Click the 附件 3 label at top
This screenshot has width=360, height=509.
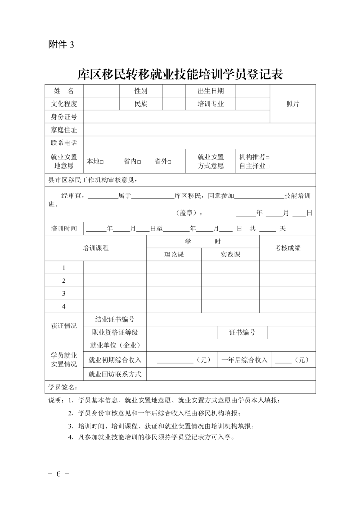(x=61, y=45)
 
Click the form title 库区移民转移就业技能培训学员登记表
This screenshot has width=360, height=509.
(x=180, y=74)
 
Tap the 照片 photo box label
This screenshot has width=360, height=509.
(x=292, y=104)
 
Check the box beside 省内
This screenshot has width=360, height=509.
(x=139, y=162)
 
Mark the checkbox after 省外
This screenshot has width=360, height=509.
(x=169, y=162)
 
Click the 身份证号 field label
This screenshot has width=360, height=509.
(x=64, y=117)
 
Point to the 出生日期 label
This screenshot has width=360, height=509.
(x=210, y=91)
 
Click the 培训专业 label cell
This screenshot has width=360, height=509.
(x=210, y=104)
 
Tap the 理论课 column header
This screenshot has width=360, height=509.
(x=174, y=255)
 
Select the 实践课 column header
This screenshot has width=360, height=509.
(x=230, y=255)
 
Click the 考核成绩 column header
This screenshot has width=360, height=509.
(x=288, y=248)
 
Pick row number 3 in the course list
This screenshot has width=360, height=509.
(x=64, y=293)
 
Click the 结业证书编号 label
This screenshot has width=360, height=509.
(x=115, y=319)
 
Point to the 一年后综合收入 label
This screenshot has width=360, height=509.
(x=244, y=359)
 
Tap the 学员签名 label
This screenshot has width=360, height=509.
(x=63, y=388)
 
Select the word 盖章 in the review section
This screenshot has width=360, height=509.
(x=188, y=213)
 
